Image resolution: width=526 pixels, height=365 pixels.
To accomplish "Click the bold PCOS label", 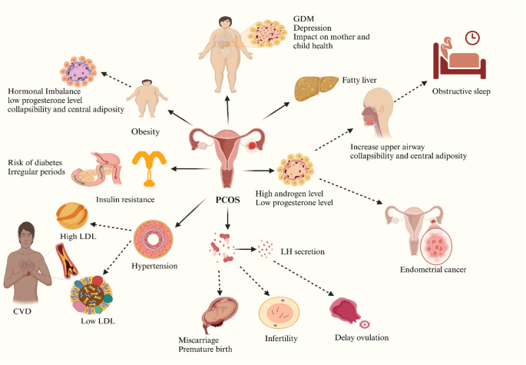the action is [x=227, y=200].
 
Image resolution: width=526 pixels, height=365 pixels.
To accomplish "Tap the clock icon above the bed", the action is [x=472, y=38].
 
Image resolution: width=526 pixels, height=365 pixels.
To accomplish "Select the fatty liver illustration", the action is [x=316, y=88].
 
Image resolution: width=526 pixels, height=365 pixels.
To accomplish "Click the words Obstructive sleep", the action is [x=461, y=91].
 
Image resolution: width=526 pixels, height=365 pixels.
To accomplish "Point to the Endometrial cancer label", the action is [x=433, y=270].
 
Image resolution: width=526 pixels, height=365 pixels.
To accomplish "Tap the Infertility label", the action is [x=281, y=338].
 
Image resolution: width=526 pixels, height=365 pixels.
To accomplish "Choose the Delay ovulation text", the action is [x=362, y=337].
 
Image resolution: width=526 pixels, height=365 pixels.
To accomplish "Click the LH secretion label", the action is [x=303, y=251].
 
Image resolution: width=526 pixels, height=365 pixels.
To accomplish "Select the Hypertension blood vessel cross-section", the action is [x=154, y=239].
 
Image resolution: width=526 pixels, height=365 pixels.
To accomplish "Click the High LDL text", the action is [x=78, y=237].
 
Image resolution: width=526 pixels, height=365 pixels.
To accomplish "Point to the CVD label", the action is [x=22, y=311].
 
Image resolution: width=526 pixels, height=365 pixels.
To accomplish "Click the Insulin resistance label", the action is [x=125, y=200].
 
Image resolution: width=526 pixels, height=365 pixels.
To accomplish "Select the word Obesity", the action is [x=145, y=131].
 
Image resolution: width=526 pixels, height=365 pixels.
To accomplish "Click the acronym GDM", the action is [x=303, y=18].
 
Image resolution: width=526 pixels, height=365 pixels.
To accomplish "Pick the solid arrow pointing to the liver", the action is [x=276, y=111].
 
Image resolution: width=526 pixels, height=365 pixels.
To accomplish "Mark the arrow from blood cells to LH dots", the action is [x=245, y=249].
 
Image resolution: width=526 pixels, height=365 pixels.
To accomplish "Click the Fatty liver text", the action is [x=359, y=80].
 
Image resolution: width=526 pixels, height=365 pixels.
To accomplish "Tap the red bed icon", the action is [x=459, y=61].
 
